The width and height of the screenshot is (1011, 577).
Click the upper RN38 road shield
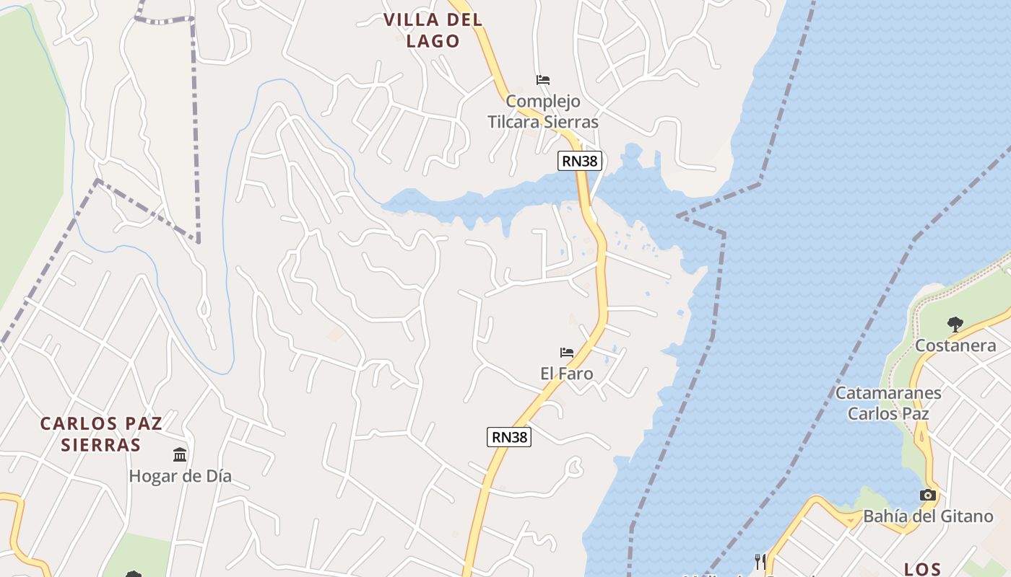[x=579, y=161]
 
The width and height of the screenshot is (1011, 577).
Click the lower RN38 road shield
[x=509, y=436]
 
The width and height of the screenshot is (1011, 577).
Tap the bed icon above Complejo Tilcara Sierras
[x=543, y=79]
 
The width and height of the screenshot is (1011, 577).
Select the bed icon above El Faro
[x=567, y=353]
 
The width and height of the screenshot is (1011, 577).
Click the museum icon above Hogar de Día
[x=180, y=454]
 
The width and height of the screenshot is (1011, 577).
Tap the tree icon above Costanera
[x=955, y=324]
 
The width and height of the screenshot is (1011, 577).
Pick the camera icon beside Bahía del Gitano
[x=928, y=495]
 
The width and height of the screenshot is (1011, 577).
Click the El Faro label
[x=567, y=374]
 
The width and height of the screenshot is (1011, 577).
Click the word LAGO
[x=433, y=41]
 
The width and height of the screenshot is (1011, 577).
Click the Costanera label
[x=955, y=345]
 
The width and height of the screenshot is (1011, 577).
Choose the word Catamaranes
[x=888, y=393]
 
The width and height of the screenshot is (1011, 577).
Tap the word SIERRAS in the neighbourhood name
[x=100, y=444]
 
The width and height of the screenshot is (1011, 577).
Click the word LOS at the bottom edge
[x=922, y=569]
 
